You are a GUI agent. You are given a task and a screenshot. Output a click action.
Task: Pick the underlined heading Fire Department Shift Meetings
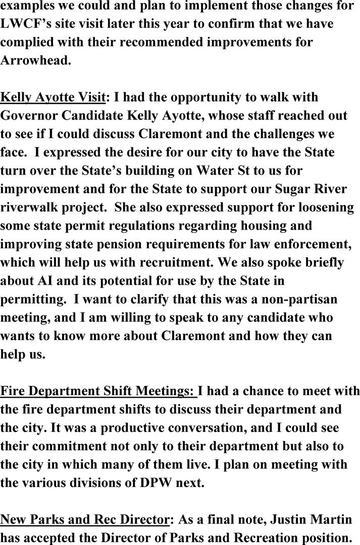98,391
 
